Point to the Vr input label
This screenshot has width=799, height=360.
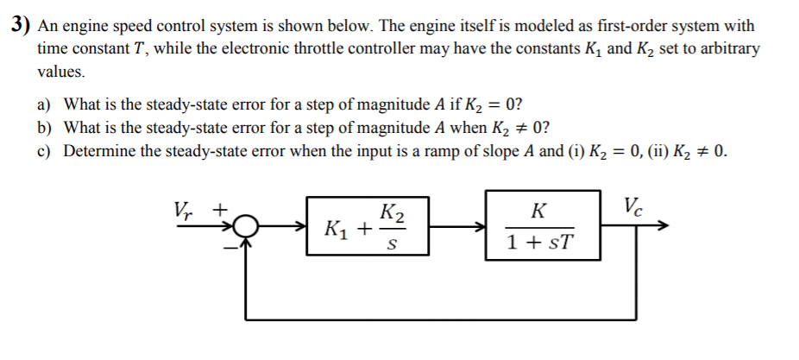click(x=182, y=210)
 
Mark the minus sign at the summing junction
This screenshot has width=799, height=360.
click(x=230, y=246)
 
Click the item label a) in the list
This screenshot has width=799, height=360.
click(x=43, y=105)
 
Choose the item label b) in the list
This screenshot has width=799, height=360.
click(x=43, y=129)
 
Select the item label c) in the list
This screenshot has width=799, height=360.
click(x=43, y=152)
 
